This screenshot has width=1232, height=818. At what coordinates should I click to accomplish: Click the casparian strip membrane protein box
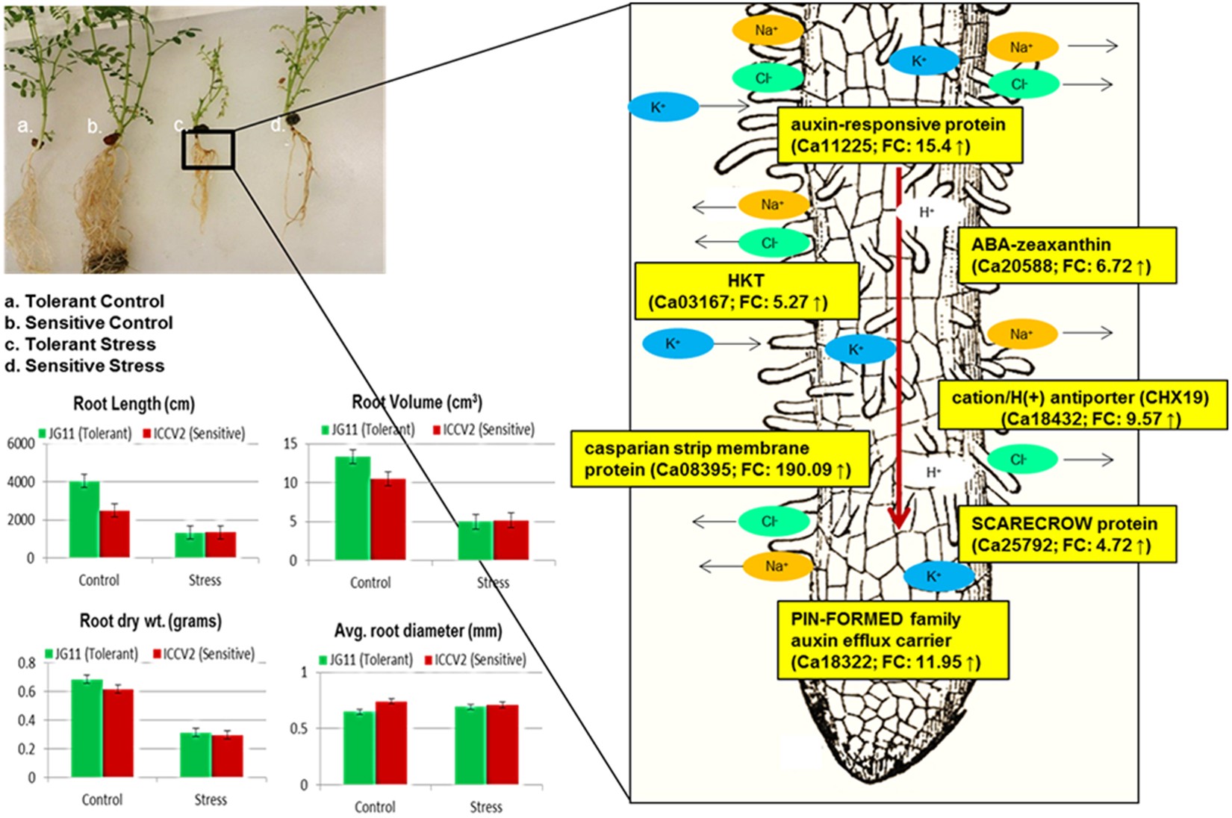click(719, 459)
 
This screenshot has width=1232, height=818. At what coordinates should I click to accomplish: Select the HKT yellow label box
click(745, 291)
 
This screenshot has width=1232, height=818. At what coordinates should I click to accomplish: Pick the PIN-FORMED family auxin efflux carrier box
click(892, 640)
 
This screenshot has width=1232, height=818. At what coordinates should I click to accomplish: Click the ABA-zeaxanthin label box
click(1066, 255)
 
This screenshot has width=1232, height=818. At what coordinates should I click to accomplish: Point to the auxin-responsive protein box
click(899, 135)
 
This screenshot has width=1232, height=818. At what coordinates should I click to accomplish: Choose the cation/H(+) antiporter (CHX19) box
click(1081, 408)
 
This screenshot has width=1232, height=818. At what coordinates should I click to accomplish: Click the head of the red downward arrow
click(899, 519)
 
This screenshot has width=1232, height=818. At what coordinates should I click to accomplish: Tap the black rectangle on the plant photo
click(208, 149)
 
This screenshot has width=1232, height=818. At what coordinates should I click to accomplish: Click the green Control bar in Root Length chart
click(84, 519)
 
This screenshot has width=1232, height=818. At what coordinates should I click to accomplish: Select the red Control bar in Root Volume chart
click(388, 519)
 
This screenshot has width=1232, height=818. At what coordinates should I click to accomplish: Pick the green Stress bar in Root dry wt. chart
click(196, 755)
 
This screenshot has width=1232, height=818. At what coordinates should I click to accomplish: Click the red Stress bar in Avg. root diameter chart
click(502, 744)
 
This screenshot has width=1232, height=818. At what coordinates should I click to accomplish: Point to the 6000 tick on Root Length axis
click(21, 443)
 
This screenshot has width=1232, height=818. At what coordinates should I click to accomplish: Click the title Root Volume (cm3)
click(417, 402)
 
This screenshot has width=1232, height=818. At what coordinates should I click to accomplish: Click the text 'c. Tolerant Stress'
click(80, 344)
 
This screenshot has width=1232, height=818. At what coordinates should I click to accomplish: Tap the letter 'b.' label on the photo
click(93, 126)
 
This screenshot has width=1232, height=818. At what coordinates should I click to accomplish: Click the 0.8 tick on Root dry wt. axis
click(26, 663)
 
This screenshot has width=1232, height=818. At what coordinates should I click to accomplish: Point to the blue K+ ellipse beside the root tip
click(939, 576)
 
